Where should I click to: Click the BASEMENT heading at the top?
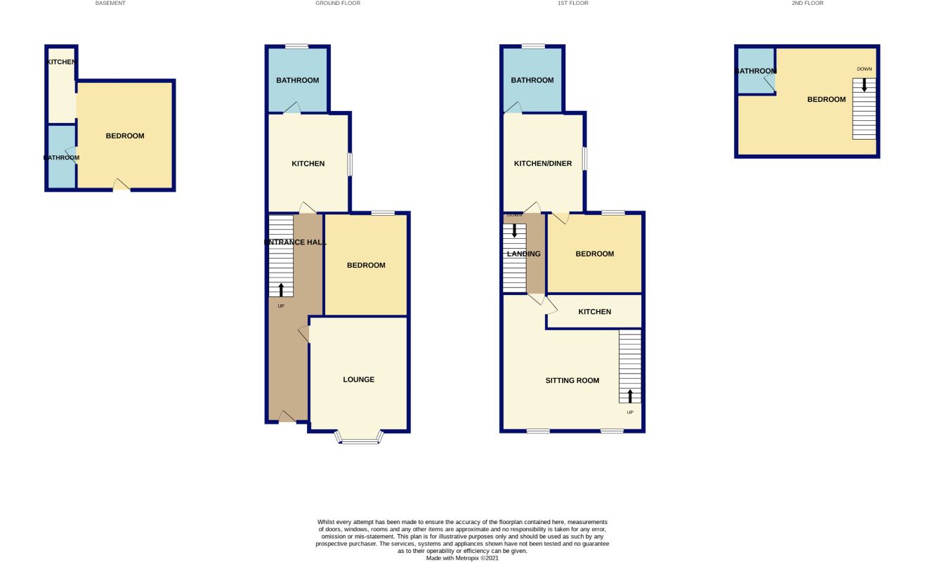pyautogui.click(x=110, y=4)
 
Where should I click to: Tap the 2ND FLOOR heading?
pyautogui.click(x=807, y=4)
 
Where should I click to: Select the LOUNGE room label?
pyautogui.click(x=358, y=380)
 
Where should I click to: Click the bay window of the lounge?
pyautogui.click(x=359, y=440)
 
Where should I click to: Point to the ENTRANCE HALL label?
pyautogui.click(x=295, y=242)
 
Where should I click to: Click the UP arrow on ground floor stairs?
pyautogui.click(x=281, y=289)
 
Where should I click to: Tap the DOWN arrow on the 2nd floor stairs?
pyautogui.click(x=864, y=85)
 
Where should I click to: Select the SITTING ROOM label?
pyautogui.click(x=572, y=381)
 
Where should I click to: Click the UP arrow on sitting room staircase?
pyautogui.click(x=630, y=395)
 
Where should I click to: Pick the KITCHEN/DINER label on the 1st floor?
pyautogui.click(x=543, y=164)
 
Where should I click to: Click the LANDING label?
pyautogui.click(x=524, y=254)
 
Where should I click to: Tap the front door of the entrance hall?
pyautogui.click(x=287, y=418)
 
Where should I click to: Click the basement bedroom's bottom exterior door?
pyautogui.click(x=122, y=185)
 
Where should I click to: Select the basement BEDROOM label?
pyautogui.click(x=125, y=136)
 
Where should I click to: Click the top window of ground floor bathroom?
pyautogui.click(x=297, y=46)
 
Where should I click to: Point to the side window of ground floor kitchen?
pyautogui.click(x=350, y=164)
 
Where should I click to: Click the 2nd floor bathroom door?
pyautogui.click(x=770, y=85)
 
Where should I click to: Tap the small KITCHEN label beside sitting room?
pyautogui.click(x=594, y=312)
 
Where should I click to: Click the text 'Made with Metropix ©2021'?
pyautogui.click(x=462, y=558)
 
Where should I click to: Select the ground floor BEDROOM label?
pyautogui.click(x=366, y=266)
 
